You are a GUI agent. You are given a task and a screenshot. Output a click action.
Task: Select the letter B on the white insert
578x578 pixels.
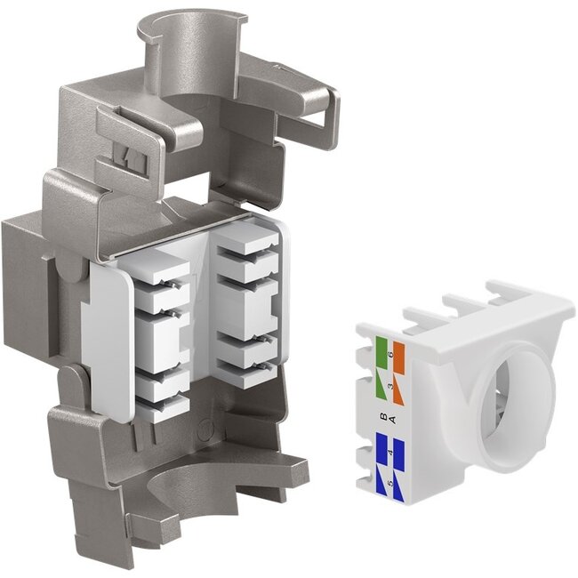382,416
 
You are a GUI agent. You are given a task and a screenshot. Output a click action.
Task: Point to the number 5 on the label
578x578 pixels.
389,480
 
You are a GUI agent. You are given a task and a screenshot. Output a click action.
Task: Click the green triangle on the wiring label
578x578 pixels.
381,385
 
